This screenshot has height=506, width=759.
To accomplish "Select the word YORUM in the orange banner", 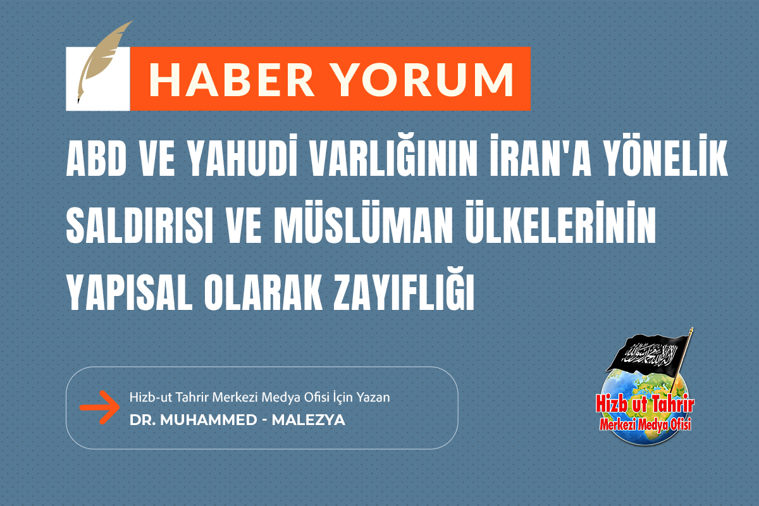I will pyautogui.click(x=419, y=79).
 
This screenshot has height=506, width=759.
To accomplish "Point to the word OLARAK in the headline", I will pyautogui.click(x=255, y=292).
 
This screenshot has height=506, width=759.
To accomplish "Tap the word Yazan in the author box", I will pyautogui.click(x=375, y=398).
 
